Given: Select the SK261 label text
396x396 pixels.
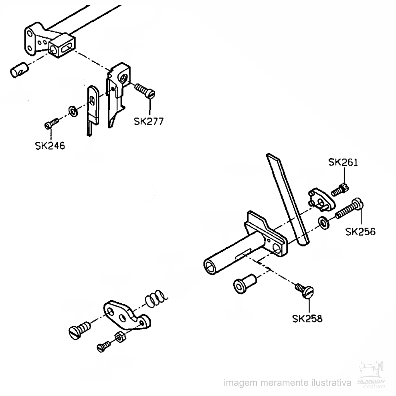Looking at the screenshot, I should pos(343,163).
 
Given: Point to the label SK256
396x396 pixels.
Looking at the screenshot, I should pos(361,231).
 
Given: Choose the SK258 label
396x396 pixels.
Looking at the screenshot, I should pos(307,319).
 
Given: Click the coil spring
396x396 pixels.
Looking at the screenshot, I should pos(156,298).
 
